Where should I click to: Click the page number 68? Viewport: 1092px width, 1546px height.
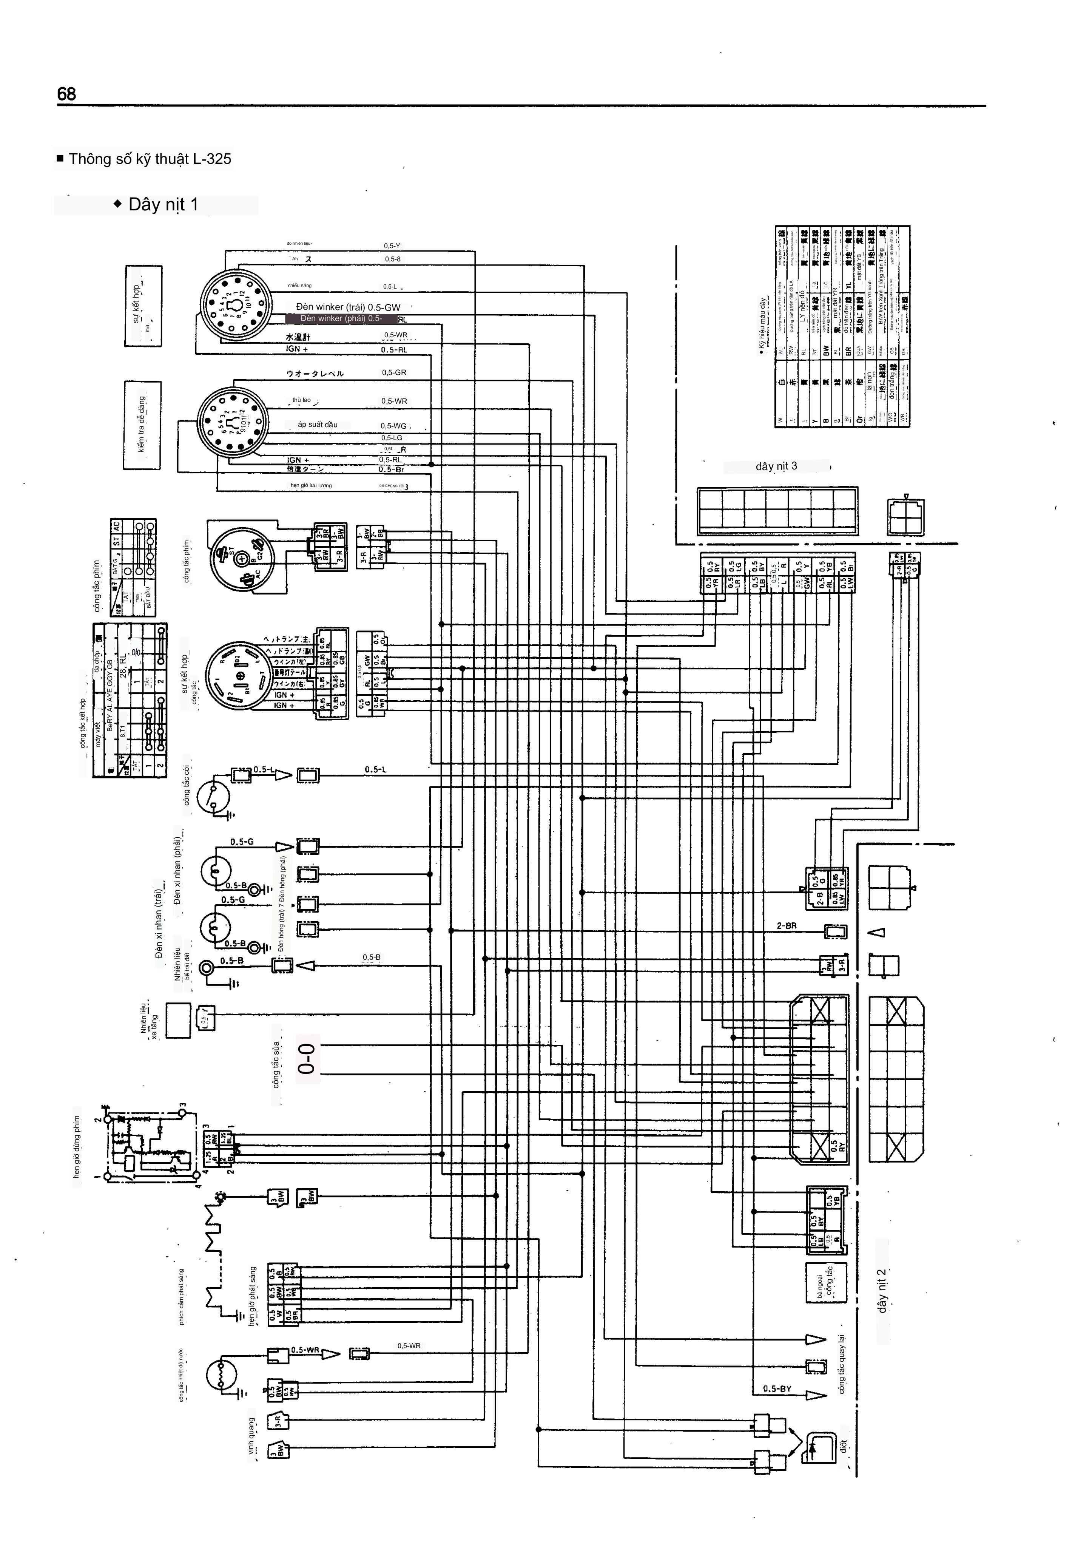(67, 94)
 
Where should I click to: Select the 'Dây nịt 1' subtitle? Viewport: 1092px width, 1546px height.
(163, 205)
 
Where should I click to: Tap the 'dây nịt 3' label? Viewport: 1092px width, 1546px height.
(776, 466)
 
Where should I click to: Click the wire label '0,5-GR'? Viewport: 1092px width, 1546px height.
(394, 372)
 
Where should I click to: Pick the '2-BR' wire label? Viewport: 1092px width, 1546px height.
(787, 926)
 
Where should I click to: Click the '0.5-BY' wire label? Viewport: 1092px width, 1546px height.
(777, 1388)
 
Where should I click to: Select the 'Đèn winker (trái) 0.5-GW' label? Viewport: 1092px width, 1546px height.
(348, 307)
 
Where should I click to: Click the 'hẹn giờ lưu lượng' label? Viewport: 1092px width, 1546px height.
(311, 485)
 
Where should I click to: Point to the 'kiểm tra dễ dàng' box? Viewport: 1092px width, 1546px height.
(142, 425)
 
